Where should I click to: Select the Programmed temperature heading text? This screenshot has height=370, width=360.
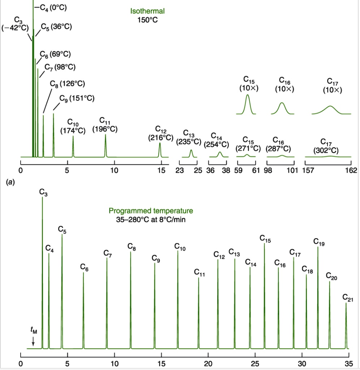coord(151,215)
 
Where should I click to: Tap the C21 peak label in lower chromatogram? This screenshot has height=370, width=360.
coord(348,298)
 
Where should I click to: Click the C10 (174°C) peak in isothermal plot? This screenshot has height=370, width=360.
coord(73,146)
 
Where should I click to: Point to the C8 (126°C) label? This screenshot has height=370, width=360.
coord(68,84)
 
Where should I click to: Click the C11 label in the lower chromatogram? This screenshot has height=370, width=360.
coord(200,273)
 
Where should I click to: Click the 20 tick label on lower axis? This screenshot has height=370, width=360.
coord(208,363)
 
